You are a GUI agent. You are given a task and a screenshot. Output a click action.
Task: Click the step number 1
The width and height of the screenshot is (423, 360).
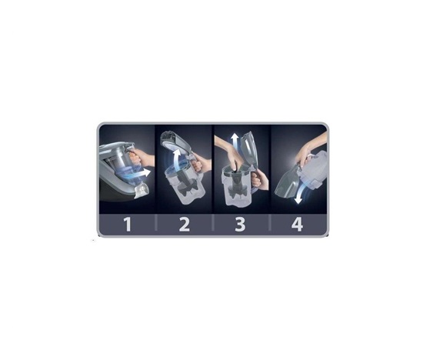pyautogui.click(x=128, y=225)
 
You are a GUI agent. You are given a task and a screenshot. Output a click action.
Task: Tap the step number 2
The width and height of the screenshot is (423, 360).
pyautogui.click(x=185, y=225)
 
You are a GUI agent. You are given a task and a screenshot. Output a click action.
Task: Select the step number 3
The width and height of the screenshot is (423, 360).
pyautogui.click(x=240, y=225)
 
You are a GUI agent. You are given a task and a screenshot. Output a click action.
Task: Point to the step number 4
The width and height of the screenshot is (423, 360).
pyautogui.click(x=297, y=225)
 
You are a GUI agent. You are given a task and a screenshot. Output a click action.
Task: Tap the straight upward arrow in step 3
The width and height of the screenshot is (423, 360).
pyautogui.click(x=235, y=141)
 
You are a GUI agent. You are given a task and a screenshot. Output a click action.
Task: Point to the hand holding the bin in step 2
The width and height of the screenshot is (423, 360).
pyautogui.click(x=202, y=162)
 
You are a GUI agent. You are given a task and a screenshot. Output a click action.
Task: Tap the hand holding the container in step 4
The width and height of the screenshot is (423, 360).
pyautogui.click(x=310, y=151)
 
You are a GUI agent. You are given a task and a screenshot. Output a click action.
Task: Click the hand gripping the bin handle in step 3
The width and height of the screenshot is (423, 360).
pyautogui.click(x=259, y=178)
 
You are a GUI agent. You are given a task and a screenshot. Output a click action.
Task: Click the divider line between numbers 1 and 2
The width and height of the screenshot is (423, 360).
pyautogui.click(x=155, y=223)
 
